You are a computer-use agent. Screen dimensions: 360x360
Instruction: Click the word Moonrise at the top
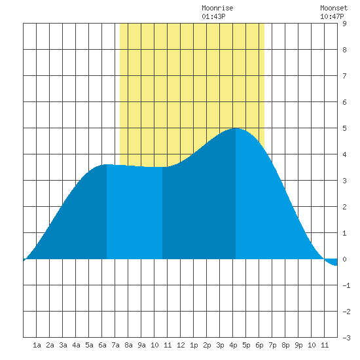tap(217, 8)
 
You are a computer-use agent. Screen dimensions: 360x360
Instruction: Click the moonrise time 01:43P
tap(213, 16)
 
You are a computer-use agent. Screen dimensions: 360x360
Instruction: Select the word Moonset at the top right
tap(334, 8)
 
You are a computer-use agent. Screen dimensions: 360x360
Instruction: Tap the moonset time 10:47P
tap(332, 16)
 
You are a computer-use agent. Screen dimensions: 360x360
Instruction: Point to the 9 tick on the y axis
tap(344, 24)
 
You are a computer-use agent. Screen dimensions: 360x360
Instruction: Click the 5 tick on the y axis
tap(344, 128)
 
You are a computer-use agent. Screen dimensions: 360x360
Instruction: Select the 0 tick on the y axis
tap(344, 259)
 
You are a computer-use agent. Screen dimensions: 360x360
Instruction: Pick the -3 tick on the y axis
tap(346, 338)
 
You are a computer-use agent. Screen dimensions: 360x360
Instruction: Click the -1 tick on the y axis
tap(346, 285)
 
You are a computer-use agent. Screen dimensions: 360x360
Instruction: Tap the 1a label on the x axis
tap(37, 345)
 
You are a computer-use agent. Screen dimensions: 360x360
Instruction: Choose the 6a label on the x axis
tap(102, 345)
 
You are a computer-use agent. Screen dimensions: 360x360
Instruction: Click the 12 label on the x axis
tap(181, 345)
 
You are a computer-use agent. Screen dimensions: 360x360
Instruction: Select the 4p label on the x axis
tap(233, 345)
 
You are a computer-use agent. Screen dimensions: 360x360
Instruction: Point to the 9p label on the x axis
tap(298, 345)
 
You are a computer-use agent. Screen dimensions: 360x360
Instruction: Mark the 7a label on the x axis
tap(115, 345)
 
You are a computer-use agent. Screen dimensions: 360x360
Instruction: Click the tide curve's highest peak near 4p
tap(236, 128)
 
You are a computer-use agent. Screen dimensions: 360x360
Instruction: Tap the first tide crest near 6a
tap(106, 165)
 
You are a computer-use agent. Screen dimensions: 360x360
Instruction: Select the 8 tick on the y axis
tap(344, 50)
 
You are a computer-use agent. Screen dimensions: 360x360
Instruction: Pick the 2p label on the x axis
tap(207, 345)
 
